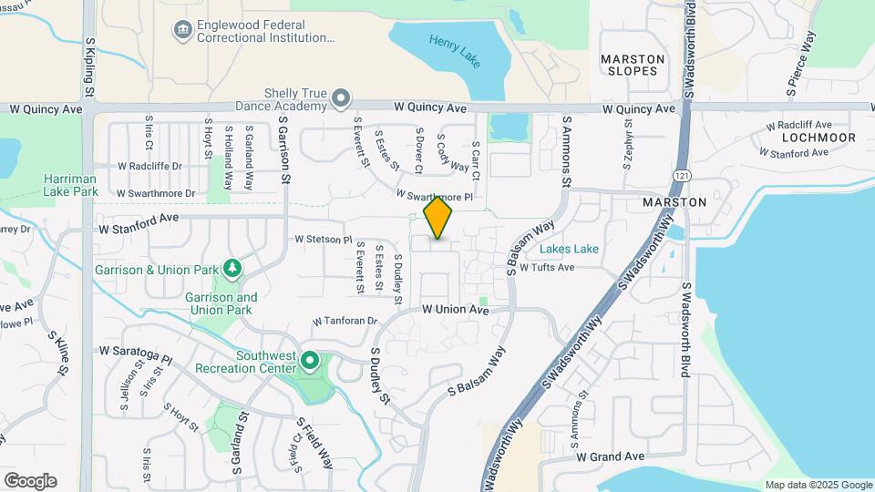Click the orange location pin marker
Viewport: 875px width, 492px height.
pyautogui.click(x=438, y=217)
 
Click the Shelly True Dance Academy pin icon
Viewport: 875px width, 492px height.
pyautogui.click(x=341, y=97)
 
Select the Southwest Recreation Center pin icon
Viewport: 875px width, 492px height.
pyautogui.click(x=310, y=363)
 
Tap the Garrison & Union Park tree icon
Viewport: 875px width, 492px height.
pyautogui.click(x=233, y=269)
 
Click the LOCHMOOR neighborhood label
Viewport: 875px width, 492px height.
pyautogui.click(x=818, y=138)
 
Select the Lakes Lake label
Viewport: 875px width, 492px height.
pyautogui.click(x=569, y=249)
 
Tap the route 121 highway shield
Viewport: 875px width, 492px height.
pyautogui.click(x=683, y=173)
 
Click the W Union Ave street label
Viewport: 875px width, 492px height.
pyautogui.click(x=456, y=310)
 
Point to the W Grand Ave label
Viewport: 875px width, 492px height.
pyautogui.click(x=610, y=456)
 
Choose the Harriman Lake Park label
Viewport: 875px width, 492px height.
pyautogui.click(x=70, y=185)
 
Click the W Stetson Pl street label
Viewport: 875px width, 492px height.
pyautogui.click(x=323, y=240)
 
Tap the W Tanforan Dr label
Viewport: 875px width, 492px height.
pyautogui.click(x=345, y=322)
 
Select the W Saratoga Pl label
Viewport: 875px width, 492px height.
pyautogui.click(x=136, y=350)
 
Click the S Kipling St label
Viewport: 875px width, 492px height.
pyautogui.click(x=89, y=67)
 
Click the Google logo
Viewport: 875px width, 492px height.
pyautogui.click(x=30, y=481)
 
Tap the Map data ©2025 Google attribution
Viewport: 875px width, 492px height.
pyautogui.click(x=818, y=485)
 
